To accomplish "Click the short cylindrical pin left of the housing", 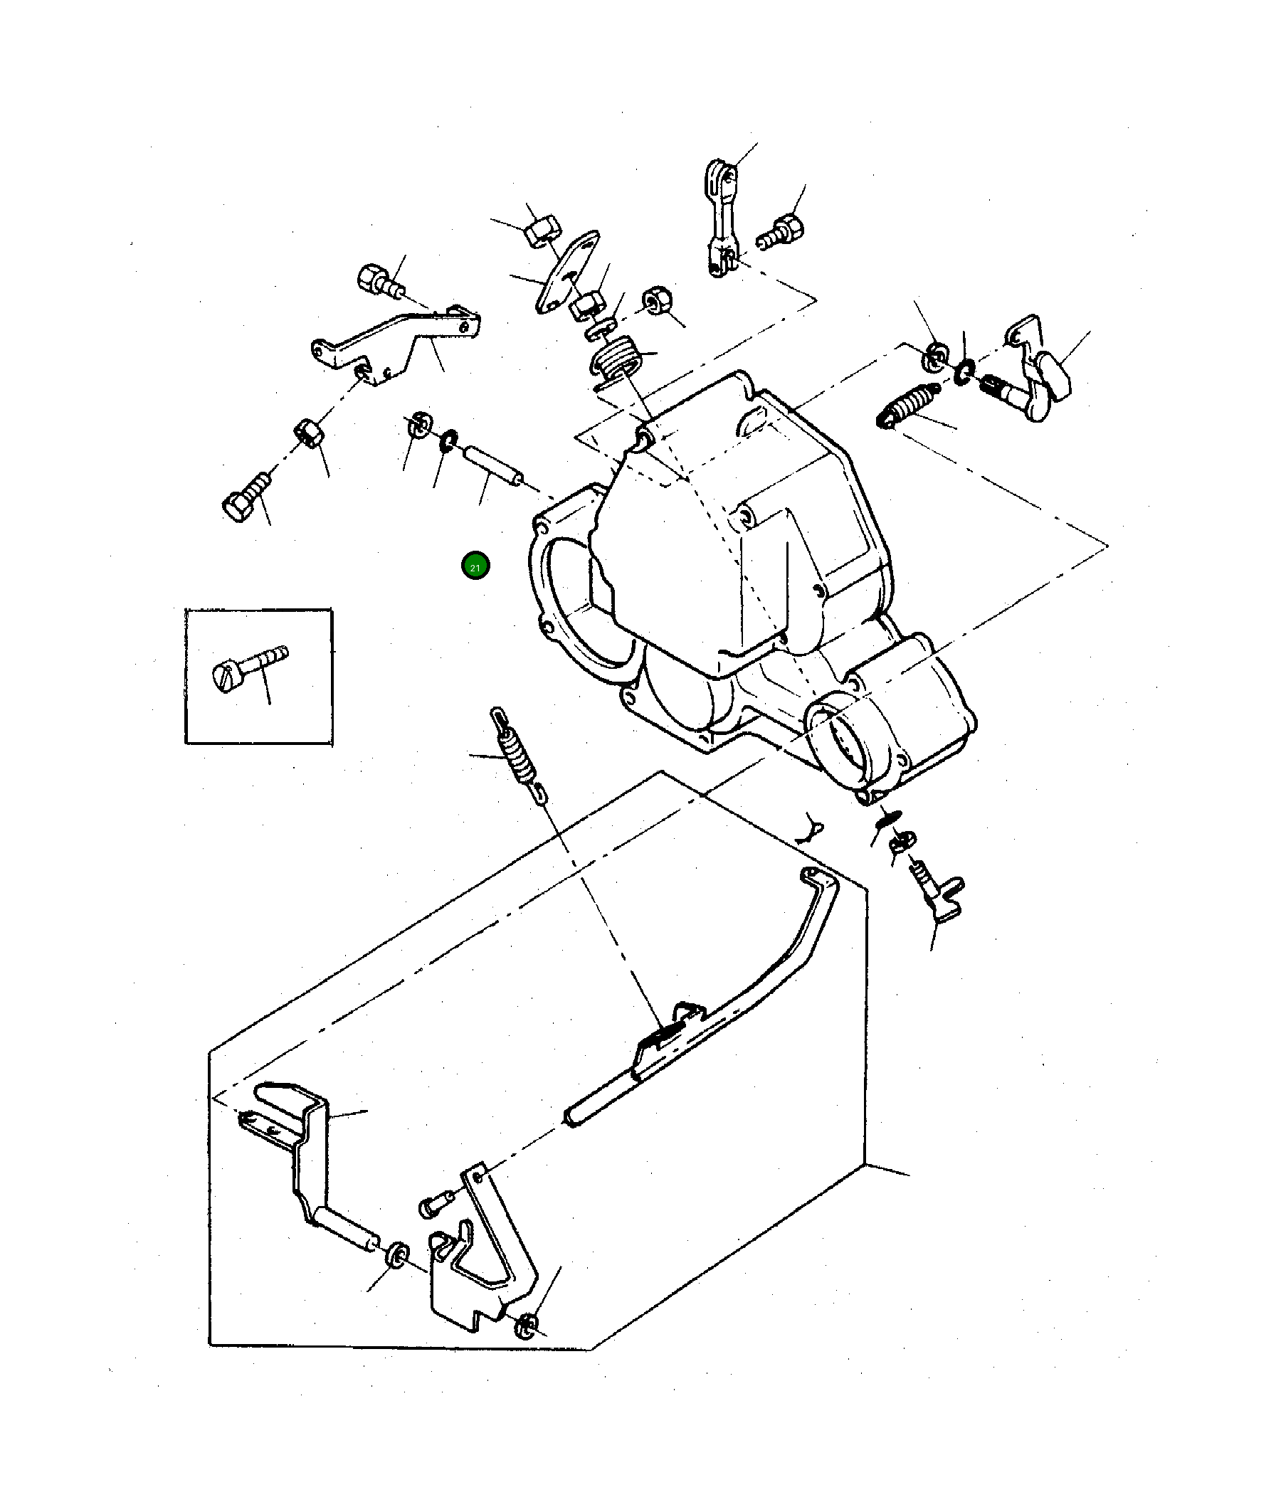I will tap(493, 467).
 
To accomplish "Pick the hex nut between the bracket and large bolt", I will tap(310, 434).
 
